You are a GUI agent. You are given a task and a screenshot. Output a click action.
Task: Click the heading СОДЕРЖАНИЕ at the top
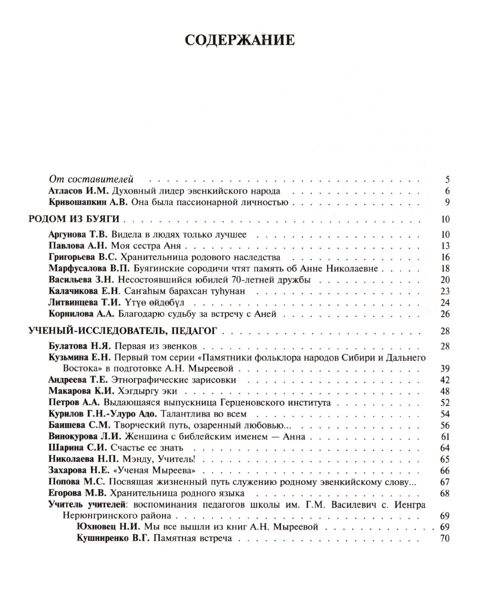239,40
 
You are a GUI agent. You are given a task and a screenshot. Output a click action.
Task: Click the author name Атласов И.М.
79,191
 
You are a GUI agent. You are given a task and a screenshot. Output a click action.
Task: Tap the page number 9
446,202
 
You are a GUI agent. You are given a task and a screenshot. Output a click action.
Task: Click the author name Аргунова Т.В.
79,234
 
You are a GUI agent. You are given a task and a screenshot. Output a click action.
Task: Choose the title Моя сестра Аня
142,246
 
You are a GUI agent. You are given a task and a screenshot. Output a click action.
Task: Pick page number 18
445,268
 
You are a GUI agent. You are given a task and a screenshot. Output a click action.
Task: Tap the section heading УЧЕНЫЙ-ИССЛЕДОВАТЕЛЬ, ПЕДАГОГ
123,330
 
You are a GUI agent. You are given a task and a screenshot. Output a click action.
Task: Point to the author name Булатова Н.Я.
80,346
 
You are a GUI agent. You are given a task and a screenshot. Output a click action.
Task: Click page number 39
445,368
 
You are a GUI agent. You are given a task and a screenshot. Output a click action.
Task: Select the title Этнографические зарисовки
173,380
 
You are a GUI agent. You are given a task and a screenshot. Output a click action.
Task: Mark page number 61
445,436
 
